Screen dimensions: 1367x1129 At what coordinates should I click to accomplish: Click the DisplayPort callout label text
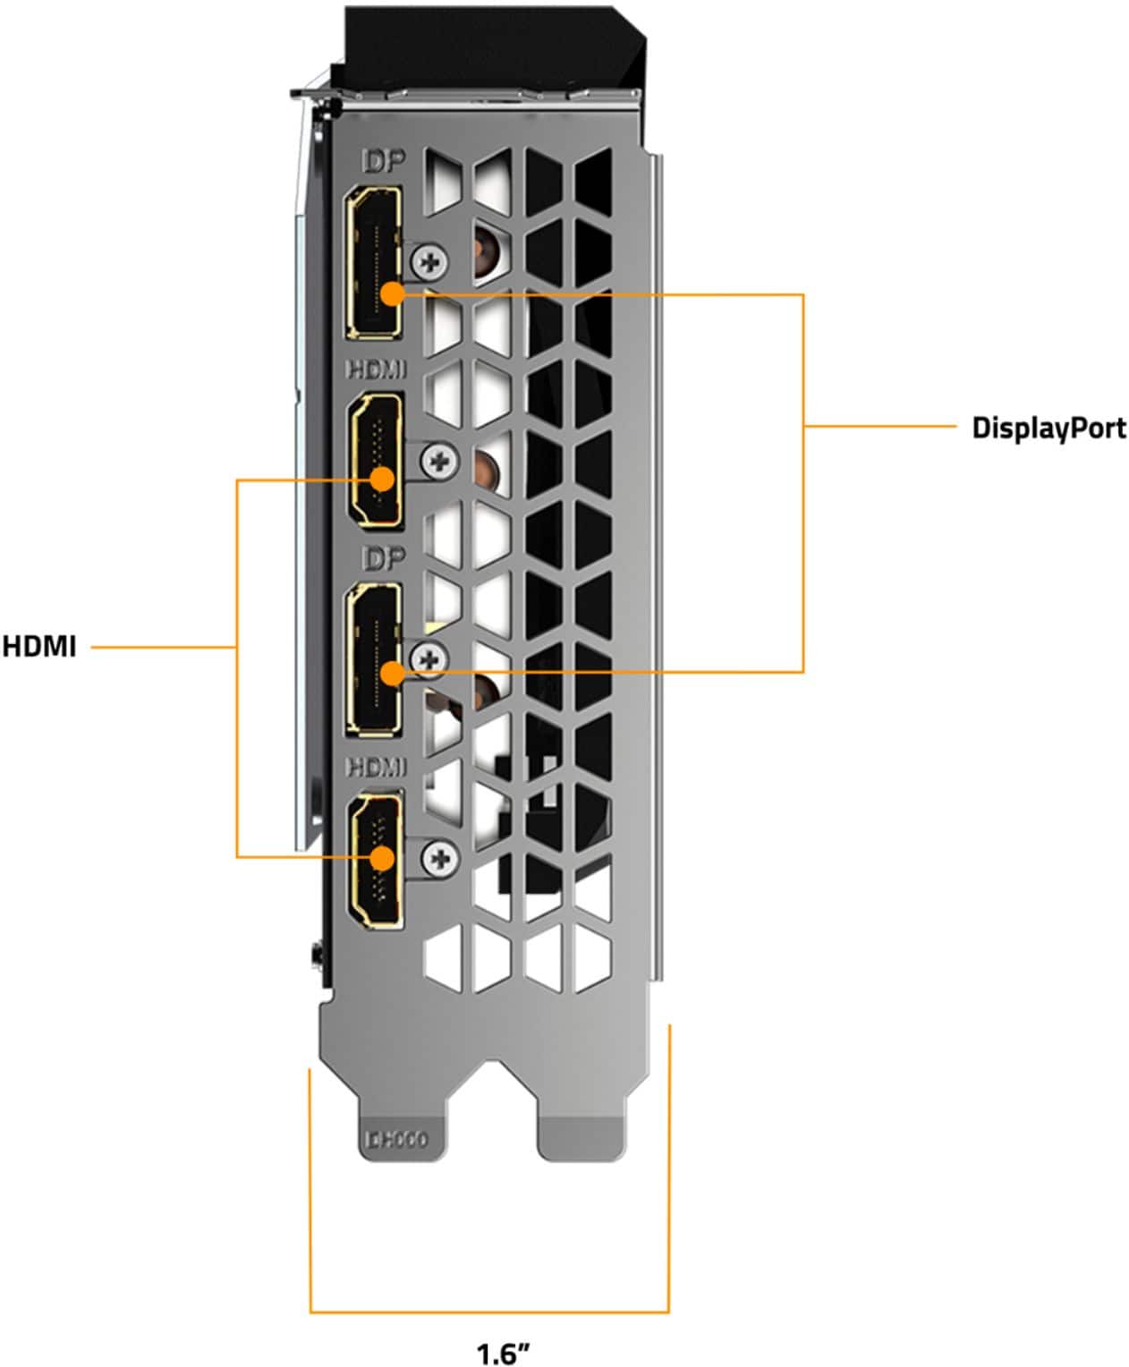(x=1048, y=428)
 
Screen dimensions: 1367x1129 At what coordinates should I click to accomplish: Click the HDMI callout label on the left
(x=39, y=646)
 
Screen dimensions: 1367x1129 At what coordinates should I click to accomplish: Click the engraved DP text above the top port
(x=383, y=161)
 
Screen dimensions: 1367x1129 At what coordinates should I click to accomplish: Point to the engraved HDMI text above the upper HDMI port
(x=376, y=369)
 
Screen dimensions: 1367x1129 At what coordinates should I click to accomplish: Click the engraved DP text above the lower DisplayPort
(x=383, y=558)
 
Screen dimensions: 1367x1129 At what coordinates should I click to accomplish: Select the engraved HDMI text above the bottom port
(x=376, y=767)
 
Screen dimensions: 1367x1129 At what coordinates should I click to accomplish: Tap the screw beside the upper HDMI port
(x=439, y=462)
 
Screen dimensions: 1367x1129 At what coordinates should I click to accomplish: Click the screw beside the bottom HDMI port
(x=440, y=859)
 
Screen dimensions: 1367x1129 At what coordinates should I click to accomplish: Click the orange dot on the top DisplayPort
(x=392, y=293)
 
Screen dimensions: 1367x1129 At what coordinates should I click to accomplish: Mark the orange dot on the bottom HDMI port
(x=382, y=858)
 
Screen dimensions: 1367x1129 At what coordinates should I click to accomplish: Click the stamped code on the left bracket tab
(x=396, y=1139)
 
